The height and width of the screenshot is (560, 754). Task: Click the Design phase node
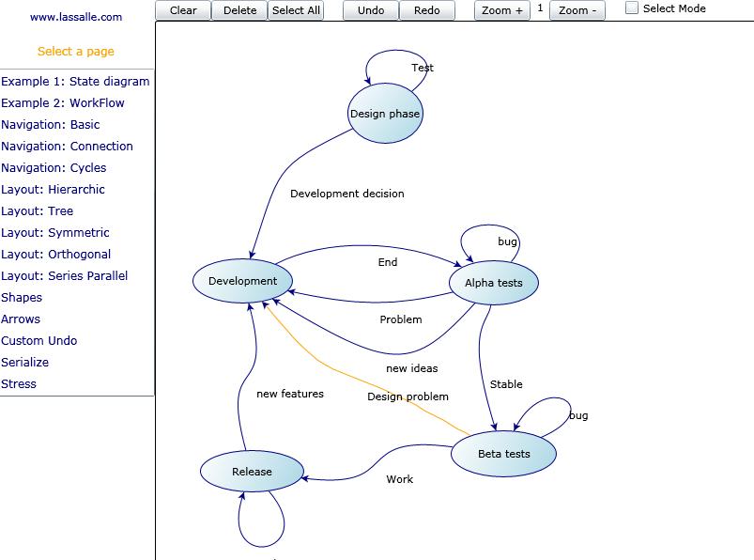[x=386, y=114]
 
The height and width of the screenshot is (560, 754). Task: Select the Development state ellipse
[x=243, y=281]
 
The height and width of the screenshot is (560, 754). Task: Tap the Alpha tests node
[x=494, y=283]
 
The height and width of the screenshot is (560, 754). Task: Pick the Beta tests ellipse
[x=504, y=454]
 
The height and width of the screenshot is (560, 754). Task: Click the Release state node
[x=252, y=472]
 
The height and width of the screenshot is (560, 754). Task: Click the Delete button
[x=239, y=10]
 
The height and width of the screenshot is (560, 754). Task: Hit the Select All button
[x=296, y=10]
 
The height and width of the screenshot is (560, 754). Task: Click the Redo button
[x=426, y=10]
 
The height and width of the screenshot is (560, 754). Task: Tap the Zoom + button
[x=501, y=10]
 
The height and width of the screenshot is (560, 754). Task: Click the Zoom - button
[x=577, y=10]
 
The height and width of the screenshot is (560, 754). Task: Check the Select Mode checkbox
[x=633, y=8]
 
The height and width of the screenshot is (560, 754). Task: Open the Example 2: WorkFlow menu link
[x=63, y=103]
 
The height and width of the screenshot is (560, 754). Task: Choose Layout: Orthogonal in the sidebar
[x=56, y=255]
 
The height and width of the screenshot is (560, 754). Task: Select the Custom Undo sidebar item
[x=39, y=341]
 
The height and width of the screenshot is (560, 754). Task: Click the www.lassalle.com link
[x=76, y=17]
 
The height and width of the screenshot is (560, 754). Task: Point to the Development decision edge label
[x=347, y=194]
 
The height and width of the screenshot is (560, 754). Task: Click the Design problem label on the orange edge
[x=408, y=397]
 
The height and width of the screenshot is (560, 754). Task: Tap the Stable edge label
[x=506, y=384]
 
